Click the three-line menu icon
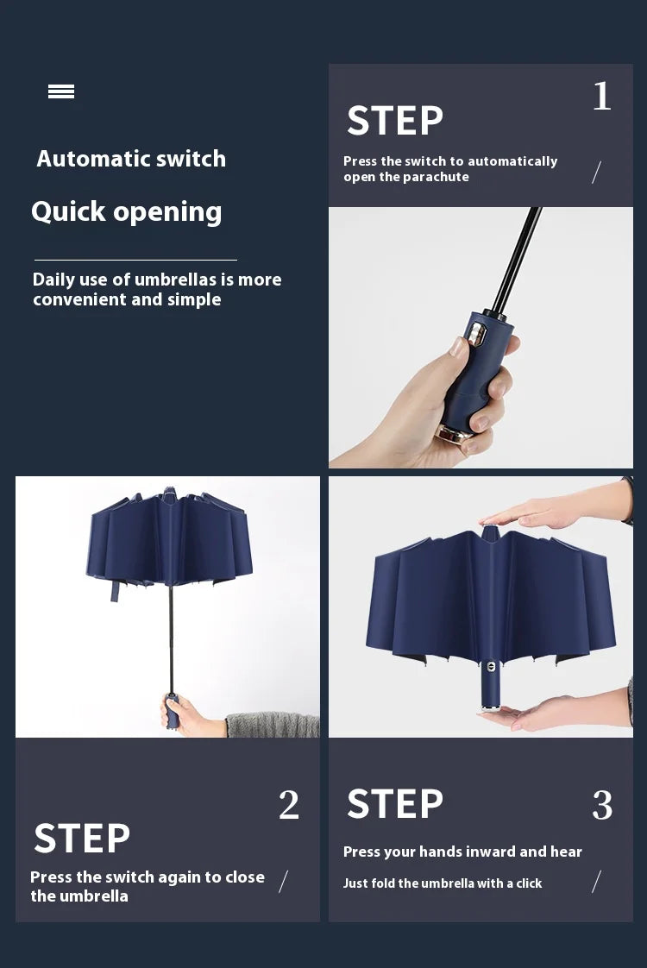pyautogui.click(x=61, y=91)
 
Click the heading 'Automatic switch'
pyautogui.click(x=131, y=159)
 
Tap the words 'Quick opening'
pyautogui.click(x=127, y=211)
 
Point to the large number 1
pyautogui.click(x=601, y=96)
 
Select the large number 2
pyautogui.click(x=289, y=806)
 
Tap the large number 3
pyautogui.click(x=602, y=806)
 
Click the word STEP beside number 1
pyautogui.click(x=395, y=121)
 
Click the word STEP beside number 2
pyautogui.click(x=82, y=839)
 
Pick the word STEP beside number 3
pyautogui.click(x=395, y=804)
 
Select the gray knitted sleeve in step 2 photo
pyautogui.click(x=272, y=725)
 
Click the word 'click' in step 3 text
pyautogui.click(x=528, y=883)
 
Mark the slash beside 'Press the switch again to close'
pyautogui.click(x=283, y=881)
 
